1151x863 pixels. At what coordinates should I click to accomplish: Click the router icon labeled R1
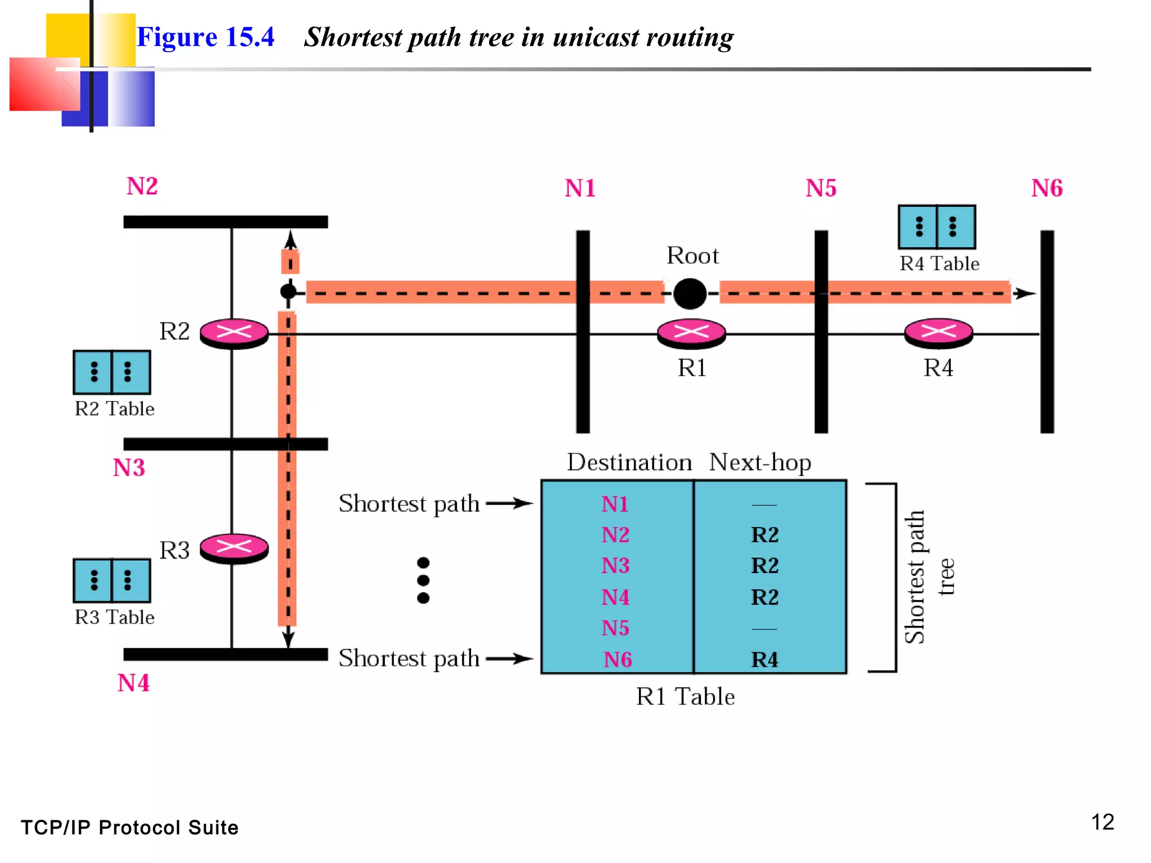tap(691, 332)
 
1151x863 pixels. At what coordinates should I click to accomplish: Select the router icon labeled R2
tap(234, 333)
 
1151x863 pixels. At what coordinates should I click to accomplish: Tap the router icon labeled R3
tap(234, 547)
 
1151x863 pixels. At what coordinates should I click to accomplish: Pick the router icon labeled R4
tap(938, 332)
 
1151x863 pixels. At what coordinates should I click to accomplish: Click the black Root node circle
tap(690, 293)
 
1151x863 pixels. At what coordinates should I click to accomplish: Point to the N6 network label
tap(1046, 188)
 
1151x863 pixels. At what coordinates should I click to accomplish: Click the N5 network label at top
tap(821, 188)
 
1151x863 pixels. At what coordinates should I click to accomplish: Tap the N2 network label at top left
tap(142, 186)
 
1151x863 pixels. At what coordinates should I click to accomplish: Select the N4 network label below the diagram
tap(133, 683)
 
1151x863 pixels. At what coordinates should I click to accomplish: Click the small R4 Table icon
tap(936, 227)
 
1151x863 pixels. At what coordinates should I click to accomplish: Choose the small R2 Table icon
tap(112, 372)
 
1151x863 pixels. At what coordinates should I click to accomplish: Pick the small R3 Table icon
tap(112, 580)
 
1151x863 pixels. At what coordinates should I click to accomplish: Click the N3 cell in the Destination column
tap(615, 565)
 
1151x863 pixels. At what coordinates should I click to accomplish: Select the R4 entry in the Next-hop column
tap(764, 660)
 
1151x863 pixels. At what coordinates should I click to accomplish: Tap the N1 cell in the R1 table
tap(615, 504)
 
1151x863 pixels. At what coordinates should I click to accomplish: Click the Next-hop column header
tap(760, 462)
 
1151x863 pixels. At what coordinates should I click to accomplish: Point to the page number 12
tap(1102, 823)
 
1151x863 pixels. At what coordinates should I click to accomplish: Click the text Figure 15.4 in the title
tap(205, 37)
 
